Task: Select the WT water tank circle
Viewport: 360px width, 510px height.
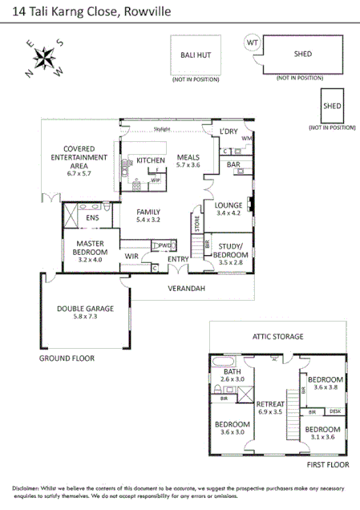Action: tap(253, 42)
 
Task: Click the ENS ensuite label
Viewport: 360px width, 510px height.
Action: tap(92, 217)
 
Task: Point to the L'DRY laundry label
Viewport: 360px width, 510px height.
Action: tap(229, 131)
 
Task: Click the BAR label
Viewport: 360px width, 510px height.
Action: tap(234, 164)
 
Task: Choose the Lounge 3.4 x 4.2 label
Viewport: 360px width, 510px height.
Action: tap(229, 208)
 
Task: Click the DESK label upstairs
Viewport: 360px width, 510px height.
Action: tap(334, 411)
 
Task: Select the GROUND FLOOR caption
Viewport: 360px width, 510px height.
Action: tap(66, 358)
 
